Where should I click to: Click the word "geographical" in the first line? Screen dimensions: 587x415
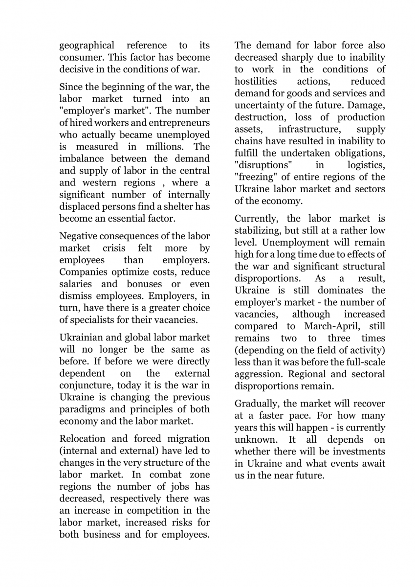point(87,45)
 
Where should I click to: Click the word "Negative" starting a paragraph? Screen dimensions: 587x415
point(79,237)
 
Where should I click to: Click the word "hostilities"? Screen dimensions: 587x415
point(255,81)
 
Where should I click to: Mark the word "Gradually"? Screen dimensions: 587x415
point(257,404)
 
